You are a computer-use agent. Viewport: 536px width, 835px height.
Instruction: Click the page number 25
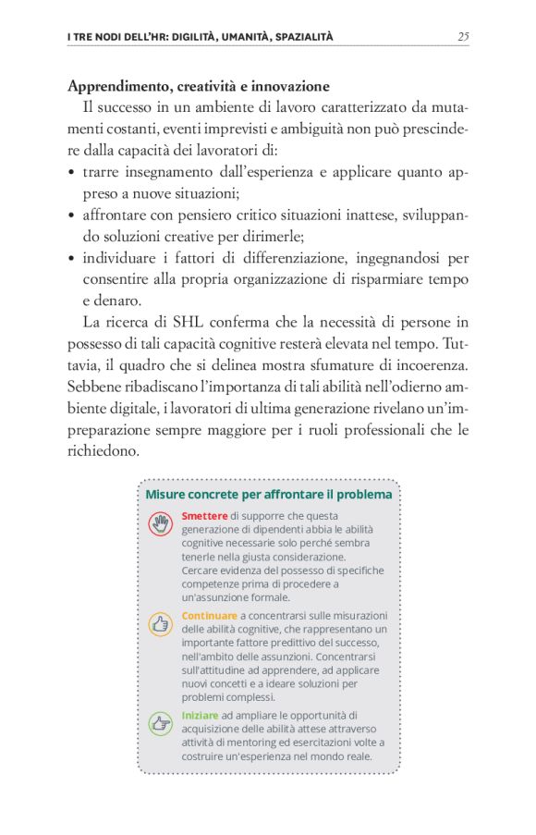tap(463, 36)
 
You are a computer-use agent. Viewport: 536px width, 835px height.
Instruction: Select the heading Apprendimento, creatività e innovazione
tap(199, 86)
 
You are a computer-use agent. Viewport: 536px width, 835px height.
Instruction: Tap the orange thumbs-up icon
tap(161, 623)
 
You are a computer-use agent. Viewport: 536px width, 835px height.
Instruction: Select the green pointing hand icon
tap(161, 722)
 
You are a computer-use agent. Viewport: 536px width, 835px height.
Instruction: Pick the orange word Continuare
tap(210, 615)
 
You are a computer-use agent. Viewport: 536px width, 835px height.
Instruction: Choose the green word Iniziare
tap(201, 715)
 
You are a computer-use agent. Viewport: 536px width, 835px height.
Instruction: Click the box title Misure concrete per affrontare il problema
tap(269, 495)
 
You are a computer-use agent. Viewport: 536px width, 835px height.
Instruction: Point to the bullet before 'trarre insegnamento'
tap(72, 173)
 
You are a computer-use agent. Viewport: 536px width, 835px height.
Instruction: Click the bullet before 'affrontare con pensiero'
tap(72, 215)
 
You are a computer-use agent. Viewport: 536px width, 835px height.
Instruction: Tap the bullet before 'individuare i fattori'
tap(72, 258)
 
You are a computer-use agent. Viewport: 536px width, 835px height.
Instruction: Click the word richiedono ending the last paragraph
tap(104, 450)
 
